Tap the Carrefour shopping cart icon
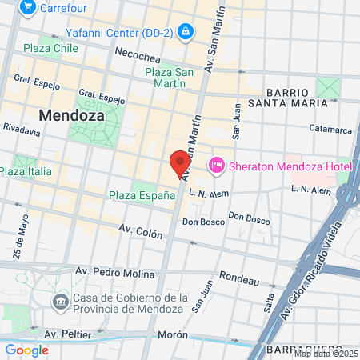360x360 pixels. (29, 7)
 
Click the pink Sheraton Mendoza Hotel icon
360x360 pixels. (216, 166)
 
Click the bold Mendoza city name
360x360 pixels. (71, 114)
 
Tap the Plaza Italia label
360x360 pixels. (26, 171)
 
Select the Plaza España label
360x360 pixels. (142, 194)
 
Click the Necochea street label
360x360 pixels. (138, 58)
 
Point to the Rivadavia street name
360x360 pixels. (22, 127)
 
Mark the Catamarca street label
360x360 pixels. (330, 130)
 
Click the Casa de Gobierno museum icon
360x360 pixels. (60, 302)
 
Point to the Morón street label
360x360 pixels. (176, 334)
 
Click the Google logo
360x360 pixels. (26, 350)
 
